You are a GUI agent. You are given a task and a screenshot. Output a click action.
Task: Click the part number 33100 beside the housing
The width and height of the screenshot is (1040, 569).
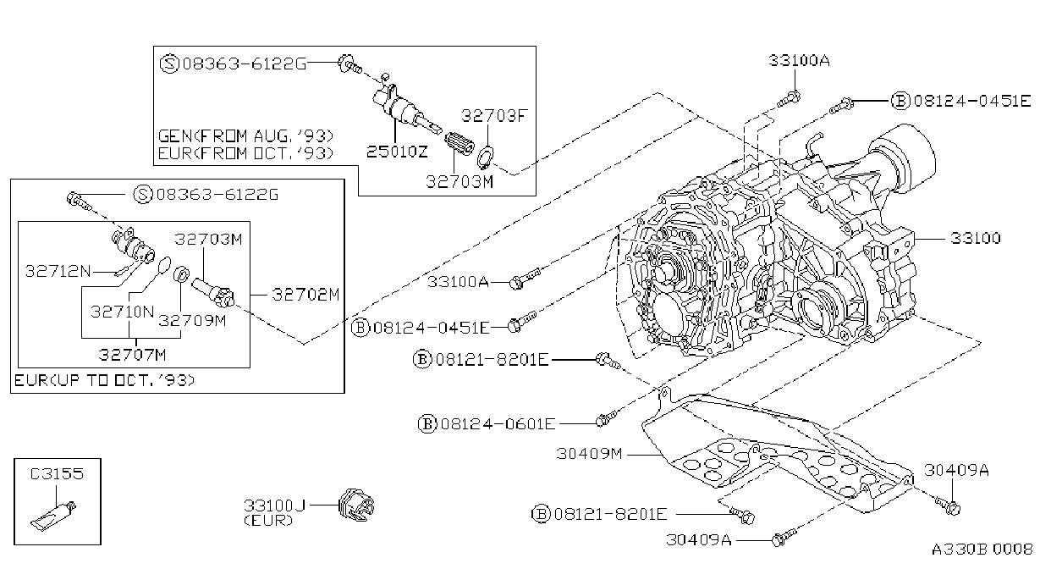(x=976, y=238)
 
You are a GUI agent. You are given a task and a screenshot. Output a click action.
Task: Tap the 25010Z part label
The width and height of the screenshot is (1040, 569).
(x=398, y=152)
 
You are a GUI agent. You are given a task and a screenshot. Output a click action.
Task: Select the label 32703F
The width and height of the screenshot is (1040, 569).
(x=495, y=116)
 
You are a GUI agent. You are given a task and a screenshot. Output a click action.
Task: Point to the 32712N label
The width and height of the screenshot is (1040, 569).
(x=58, y=271)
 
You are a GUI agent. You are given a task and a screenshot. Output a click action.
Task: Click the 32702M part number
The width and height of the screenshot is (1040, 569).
(x=306, y=295)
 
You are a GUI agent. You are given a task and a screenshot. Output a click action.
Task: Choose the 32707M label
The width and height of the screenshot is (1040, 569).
(x=132, y=355)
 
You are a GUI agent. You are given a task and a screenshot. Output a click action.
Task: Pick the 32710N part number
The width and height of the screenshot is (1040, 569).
(x=122, y=312)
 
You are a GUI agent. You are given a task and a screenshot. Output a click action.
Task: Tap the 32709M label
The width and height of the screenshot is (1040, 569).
(x=192, y=321)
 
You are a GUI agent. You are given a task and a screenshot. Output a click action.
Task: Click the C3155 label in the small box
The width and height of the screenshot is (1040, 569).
(x=57, y=474)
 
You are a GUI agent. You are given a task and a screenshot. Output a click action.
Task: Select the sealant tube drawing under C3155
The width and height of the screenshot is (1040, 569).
(x=53, y=516)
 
